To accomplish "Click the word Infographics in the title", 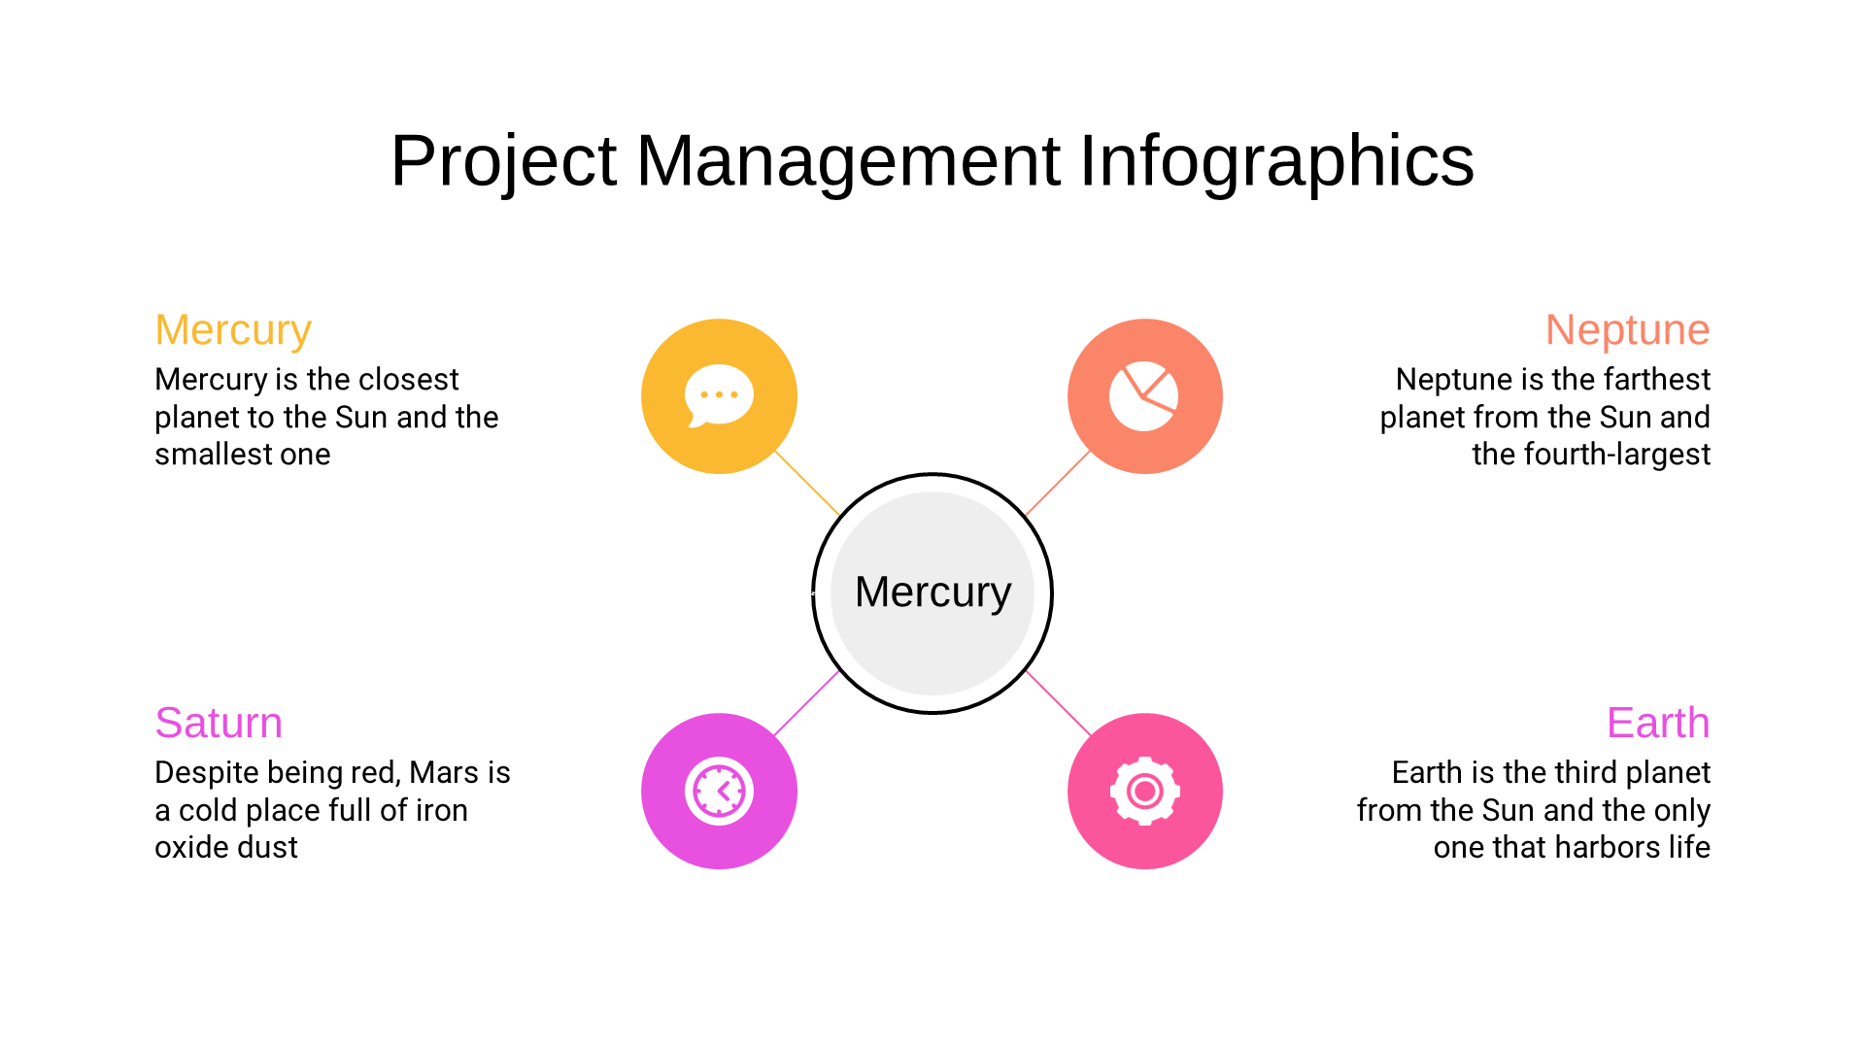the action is (x=1276, y=161).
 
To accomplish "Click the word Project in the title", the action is (x=503, y=161).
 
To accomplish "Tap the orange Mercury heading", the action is (x=233, y=330).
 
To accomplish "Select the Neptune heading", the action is (x=1627, y=330).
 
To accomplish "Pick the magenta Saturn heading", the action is (x=219, y=724).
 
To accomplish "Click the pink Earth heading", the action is (x=1658, y=724).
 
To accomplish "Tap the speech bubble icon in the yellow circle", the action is (x=719, y=396).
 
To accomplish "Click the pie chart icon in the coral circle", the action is (x=1144, y=396).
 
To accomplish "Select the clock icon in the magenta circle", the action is (x=719, y=791).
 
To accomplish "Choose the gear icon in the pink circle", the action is (x=1145, y=791).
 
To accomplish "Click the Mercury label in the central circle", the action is (x=932, y=592).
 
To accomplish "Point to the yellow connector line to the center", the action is (x=807, y=483).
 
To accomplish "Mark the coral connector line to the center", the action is (x=1058, y=483).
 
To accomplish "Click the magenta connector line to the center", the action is (x=807, y=703).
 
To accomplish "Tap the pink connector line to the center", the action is (x=1059, y=703).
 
